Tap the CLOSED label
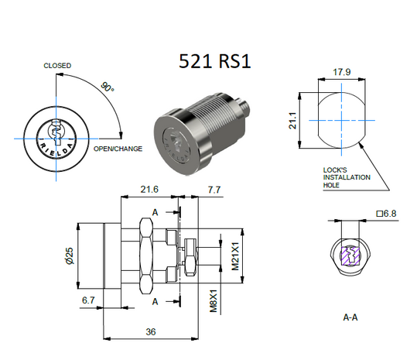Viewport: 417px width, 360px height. pyautogui.click(x=57, y=66)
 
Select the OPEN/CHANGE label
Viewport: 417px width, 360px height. pyautogui.click(x=118, y=148)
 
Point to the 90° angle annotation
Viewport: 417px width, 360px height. pyautogui.click(x=106, y=88)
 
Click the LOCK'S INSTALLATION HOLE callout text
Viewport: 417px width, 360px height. pyautogui.click(x=346, y=177)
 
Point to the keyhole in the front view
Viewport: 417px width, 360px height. pyautogui.click(x=56, y=128)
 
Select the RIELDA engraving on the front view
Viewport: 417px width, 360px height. pyautogui.click(x=56, y=147)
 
